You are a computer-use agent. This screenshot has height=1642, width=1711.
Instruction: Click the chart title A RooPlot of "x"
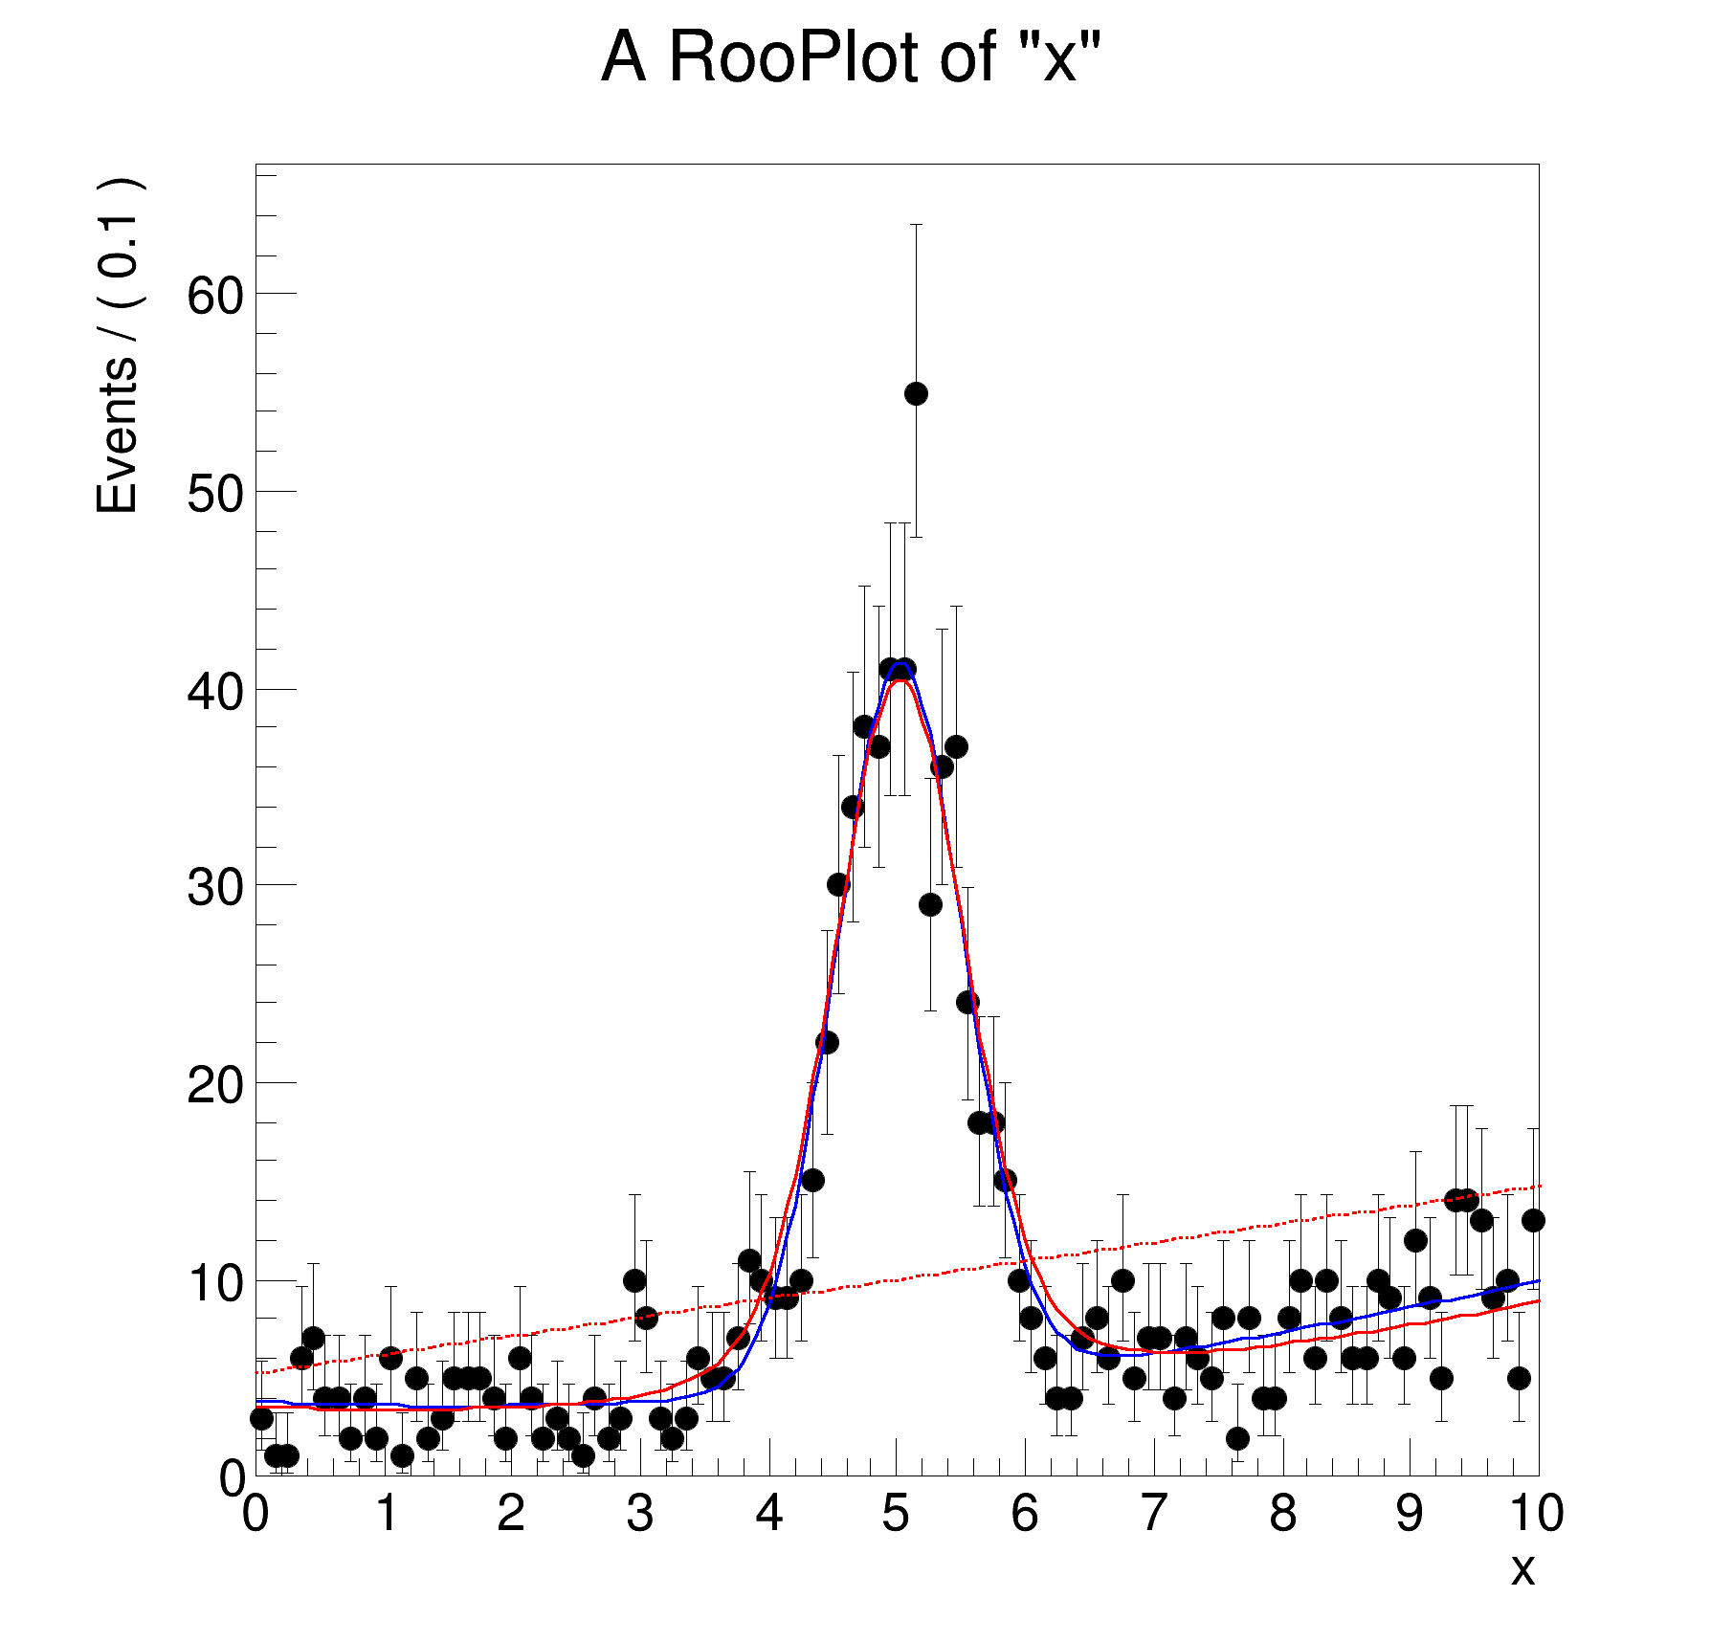pos(851,57)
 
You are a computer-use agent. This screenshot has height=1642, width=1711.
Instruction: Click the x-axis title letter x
pos(1522,1570)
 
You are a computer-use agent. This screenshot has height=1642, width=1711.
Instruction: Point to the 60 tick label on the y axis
pos(215,296)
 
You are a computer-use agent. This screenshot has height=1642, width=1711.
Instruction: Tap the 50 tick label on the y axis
pos(215,494)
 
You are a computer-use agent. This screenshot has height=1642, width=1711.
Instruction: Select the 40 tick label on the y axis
pos(215,691)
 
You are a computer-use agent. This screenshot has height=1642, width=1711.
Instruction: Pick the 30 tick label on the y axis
pos(215,887)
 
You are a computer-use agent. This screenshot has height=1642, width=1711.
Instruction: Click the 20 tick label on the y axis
pos(215,1085)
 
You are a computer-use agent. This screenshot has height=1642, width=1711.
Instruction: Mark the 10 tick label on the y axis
pos(215,1283)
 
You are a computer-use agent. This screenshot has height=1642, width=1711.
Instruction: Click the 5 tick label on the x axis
pos(896,1514)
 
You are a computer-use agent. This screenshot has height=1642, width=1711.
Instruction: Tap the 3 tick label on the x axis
pos(639,1514)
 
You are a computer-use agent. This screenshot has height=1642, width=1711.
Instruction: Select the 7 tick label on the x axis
pos(1153,1514)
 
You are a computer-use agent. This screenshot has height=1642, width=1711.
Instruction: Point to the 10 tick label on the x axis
pos(1536,1514)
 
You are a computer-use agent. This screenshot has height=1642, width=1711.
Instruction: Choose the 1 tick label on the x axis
pos(386,1514)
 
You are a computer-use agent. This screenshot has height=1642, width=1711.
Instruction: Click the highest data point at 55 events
pos(916,393)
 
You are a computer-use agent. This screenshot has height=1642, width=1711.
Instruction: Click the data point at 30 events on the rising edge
pos(838,885)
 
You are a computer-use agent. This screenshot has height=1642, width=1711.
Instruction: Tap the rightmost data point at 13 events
pos(1533,1220)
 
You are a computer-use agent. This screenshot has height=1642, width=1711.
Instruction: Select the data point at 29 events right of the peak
pos(930,904)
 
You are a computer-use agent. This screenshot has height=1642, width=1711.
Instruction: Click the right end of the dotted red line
pos(1537,1187)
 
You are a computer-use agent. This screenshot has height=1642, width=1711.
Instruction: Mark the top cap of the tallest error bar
pos(916,225)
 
